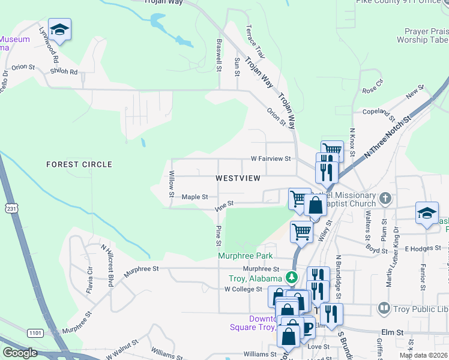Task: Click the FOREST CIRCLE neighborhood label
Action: click(x=79, y=164)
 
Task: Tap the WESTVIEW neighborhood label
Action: click(x=238, y=178)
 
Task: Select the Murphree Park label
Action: click(x=246, y=256)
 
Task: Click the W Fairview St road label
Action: click(x=271, y=159)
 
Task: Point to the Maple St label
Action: click(x=195, y=197)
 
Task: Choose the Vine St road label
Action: click(x=224, y=205)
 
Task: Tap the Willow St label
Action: click(x=172, y=184)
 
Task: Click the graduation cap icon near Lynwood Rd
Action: click(x=59, y=29)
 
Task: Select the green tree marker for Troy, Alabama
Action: click(x=291, y=277)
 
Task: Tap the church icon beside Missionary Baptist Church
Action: click(x=385, y=197)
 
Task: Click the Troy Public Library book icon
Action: click(x=383, y=308)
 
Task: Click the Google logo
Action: click(x=20, y=353)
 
